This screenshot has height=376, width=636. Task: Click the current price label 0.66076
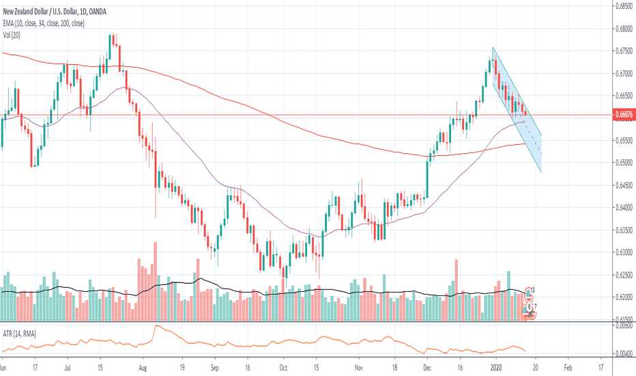(x=620, y=116)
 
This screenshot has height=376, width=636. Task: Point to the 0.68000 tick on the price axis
(x=620, y=28)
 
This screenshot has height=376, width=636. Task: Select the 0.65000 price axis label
(x=620, y=163)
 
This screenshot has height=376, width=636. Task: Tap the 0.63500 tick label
(x=620, y=230)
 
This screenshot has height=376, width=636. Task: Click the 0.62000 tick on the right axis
(x=620, y=297)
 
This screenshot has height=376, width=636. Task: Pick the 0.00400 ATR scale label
(x=620, y=353)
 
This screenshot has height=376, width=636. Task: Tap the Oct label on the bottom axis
(x=283, y=366)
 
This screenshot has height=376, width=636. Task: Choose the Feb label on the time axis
(x=568, y=366)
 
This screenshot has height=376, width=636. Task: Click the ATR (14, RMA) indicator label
(x=18, y=334)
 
